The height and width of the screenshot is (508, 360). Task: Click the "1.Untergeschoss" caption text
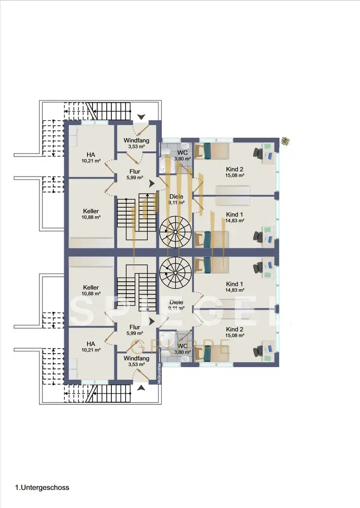point(42,488)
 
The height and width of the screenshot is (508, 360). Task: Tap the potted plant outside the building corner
point(286,141)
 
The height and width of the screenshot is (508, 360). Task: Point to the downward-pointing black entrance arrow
point(141,116)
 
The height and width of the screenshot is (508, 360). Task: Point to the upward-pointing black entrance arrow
point(141,389)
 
